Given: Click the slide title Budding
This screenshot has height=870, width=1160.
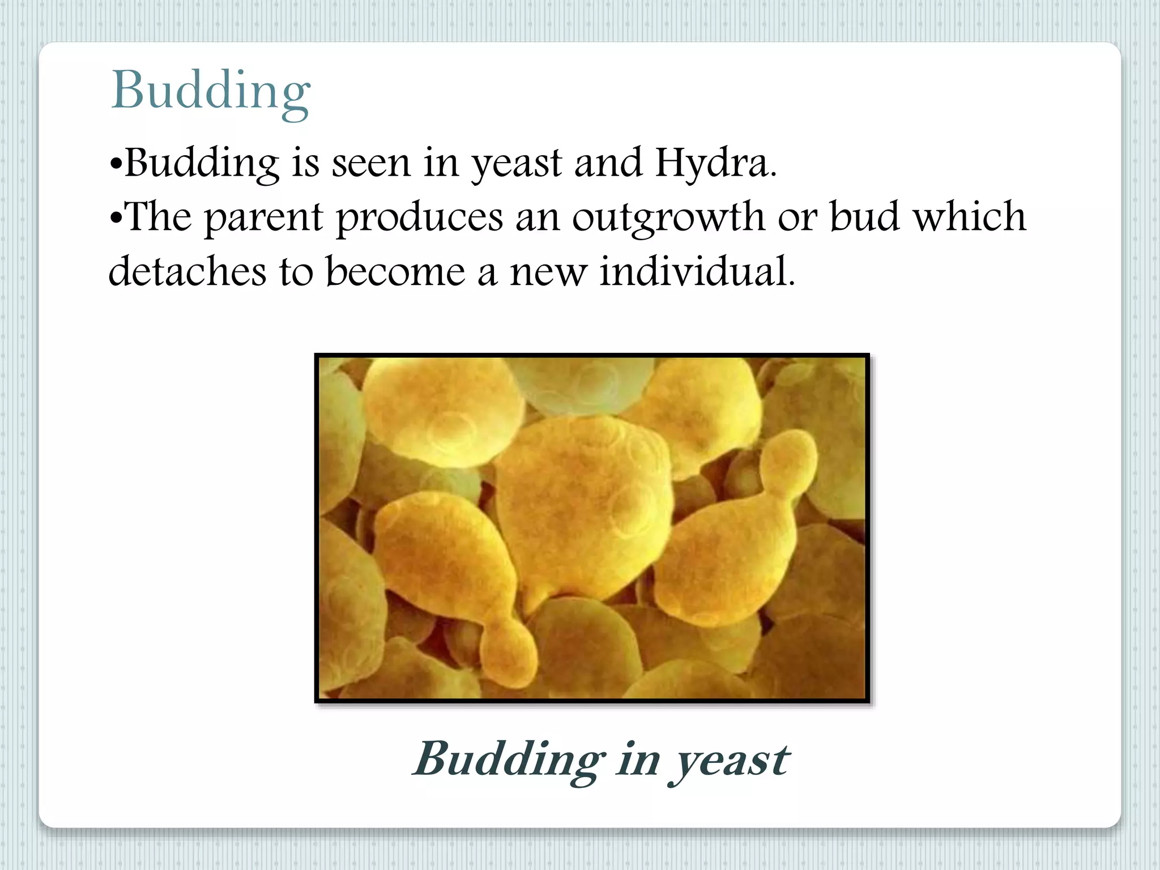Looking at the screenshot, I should point(211,91).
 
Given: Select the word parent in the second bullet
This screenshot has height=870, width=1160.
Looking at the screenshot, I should point(263,218).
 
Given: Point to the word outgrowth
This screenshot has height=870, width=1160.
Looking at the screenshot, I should point(668,218).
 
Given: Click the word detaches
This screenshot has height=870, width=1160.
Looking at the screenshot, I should point(187,271).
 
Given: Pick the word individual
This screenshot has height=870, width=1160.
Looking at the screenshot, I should point(697,271).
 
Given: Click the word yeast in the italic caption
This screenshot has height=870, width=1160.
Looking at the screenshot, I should point(730,760).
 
